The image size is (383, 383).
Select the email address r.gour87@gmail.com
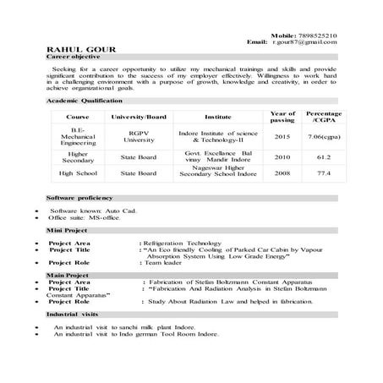305,41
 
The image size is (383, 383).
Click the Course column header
78,116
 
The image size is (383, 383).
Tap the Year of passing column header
282,116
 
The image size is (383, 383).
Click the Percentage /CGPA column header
324,116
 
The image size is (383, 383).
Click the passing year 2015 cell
282,136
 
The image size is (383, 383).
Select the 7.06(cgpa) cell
324,136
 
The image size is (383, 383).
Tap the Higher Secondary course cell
78,156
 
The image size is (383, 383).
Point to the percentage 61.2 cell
324,156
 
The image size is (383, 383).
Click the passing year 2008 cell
282,173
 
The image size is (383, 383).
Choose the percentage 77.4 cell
324,173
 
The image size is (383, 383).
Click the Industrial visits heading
74,314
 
